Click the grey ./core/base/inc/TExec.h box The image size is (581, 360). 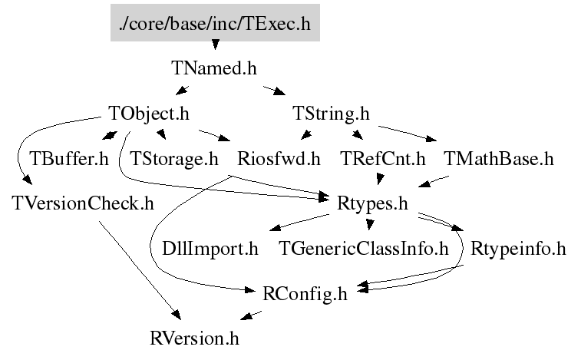[x=214, y=24]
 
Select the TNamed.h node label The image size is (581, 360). [x=213, y=68]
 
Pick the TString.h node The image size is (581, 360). [x=331, y=114]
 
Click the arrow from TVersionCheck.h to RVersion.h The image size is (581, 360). [x=139, y=268]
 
